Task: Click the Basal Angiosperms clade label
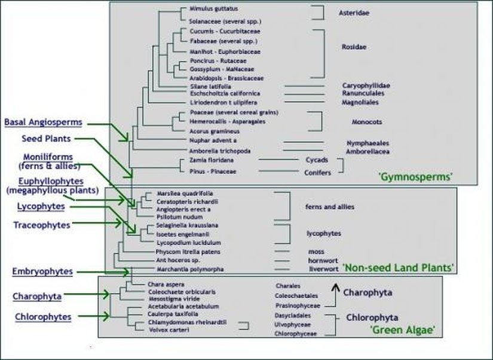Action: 43,122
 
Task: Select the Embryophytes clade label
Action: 42,271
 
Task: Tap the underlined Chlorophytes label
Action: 42,317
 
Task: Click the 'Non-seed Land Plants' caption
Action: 398,267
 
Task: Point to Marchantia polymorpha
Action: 181,269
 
